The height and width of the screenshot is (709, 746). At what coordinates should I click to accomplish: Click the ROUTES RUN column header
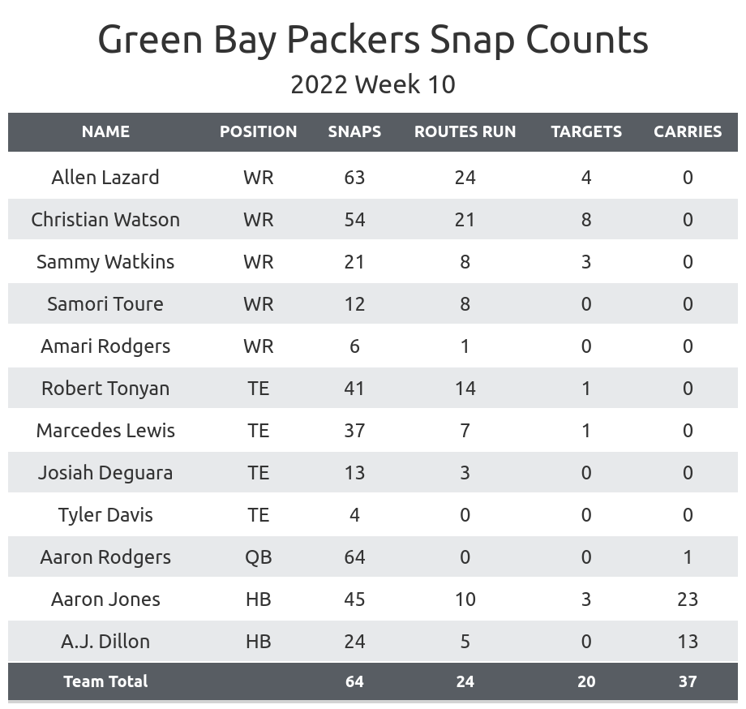pos(465,131)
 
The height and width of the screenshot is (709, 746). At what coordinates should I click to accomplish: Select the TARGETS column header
pos(586,131)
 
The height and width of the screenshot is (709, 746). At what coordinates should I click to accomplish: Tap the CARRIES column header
pos(688,131)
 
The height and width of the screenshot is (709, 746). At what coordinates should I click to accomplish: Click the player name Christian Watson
pos(105,220)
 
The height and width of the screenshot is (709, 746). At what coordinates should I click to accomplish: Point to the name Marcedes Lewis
pos(105,431)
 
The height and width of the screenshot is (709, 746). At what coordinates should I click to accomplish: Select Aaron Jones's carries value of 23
pos(688,599)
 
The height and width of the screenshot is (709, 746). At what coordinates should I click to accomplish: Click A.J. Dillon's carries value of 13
pos(688,642)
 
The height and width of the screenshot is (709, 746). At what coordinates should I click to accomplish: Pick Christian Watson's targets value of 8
pos(586,220)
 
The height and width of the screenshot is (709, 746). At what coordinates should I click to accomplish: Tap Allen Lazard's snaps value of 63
pos(354,178)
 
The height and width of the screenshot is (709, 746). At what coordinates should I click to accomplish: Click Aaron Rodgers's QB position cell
pos(259,557)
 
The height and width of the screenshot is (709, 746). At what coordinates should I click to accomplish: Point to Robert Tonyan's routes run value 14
pos(465,389)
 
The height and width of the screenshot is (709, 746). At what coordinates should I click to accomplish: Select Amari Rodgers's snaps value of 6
pos(354,346)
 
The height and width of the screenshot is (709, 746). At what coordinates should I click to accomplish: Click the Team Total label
pos(105,681)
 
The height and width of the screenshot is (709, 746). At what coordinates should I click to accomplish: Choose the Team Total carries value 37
pos(688,681)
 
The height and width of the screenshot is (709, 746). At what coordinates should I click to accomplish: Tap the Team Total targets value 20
pos(586,681)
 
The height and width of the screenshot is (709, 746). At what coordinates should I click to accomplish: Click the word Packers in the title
pos(354,40)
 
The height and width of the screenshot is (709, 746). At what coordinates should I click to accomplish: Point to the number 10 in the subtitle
pos(441,84)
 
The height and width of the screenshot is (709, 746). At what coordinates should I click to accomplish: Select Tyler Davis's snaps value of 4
pos(354,515)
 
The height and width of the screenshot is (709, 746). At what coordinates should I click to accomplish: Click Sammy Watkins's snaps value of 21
pos(354,262)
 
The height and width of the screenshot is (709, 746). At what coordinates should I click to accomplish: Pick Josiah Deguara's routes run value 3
pos(465,473)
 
